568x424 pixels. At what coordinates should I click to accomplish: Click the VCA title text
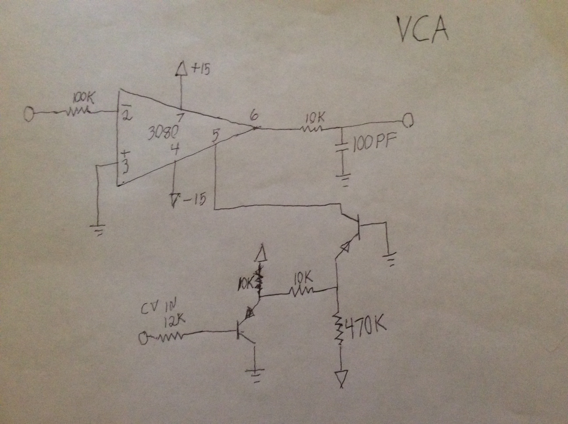pos(422,30)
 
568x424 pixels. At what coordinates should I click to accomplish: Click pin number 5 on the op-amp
pos(215,136)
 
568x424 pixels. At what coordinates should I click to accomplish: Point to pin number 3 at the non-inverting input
pos(125,167)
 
